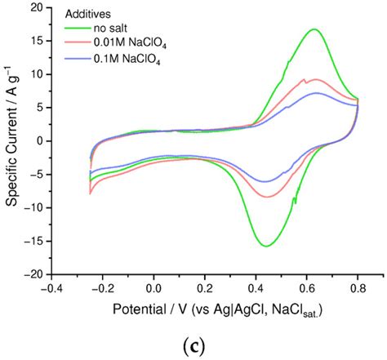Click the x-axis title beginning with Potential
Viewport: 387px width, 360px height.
point(204,311)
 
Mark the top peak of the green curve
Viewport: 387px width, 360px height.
point(314,29)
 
